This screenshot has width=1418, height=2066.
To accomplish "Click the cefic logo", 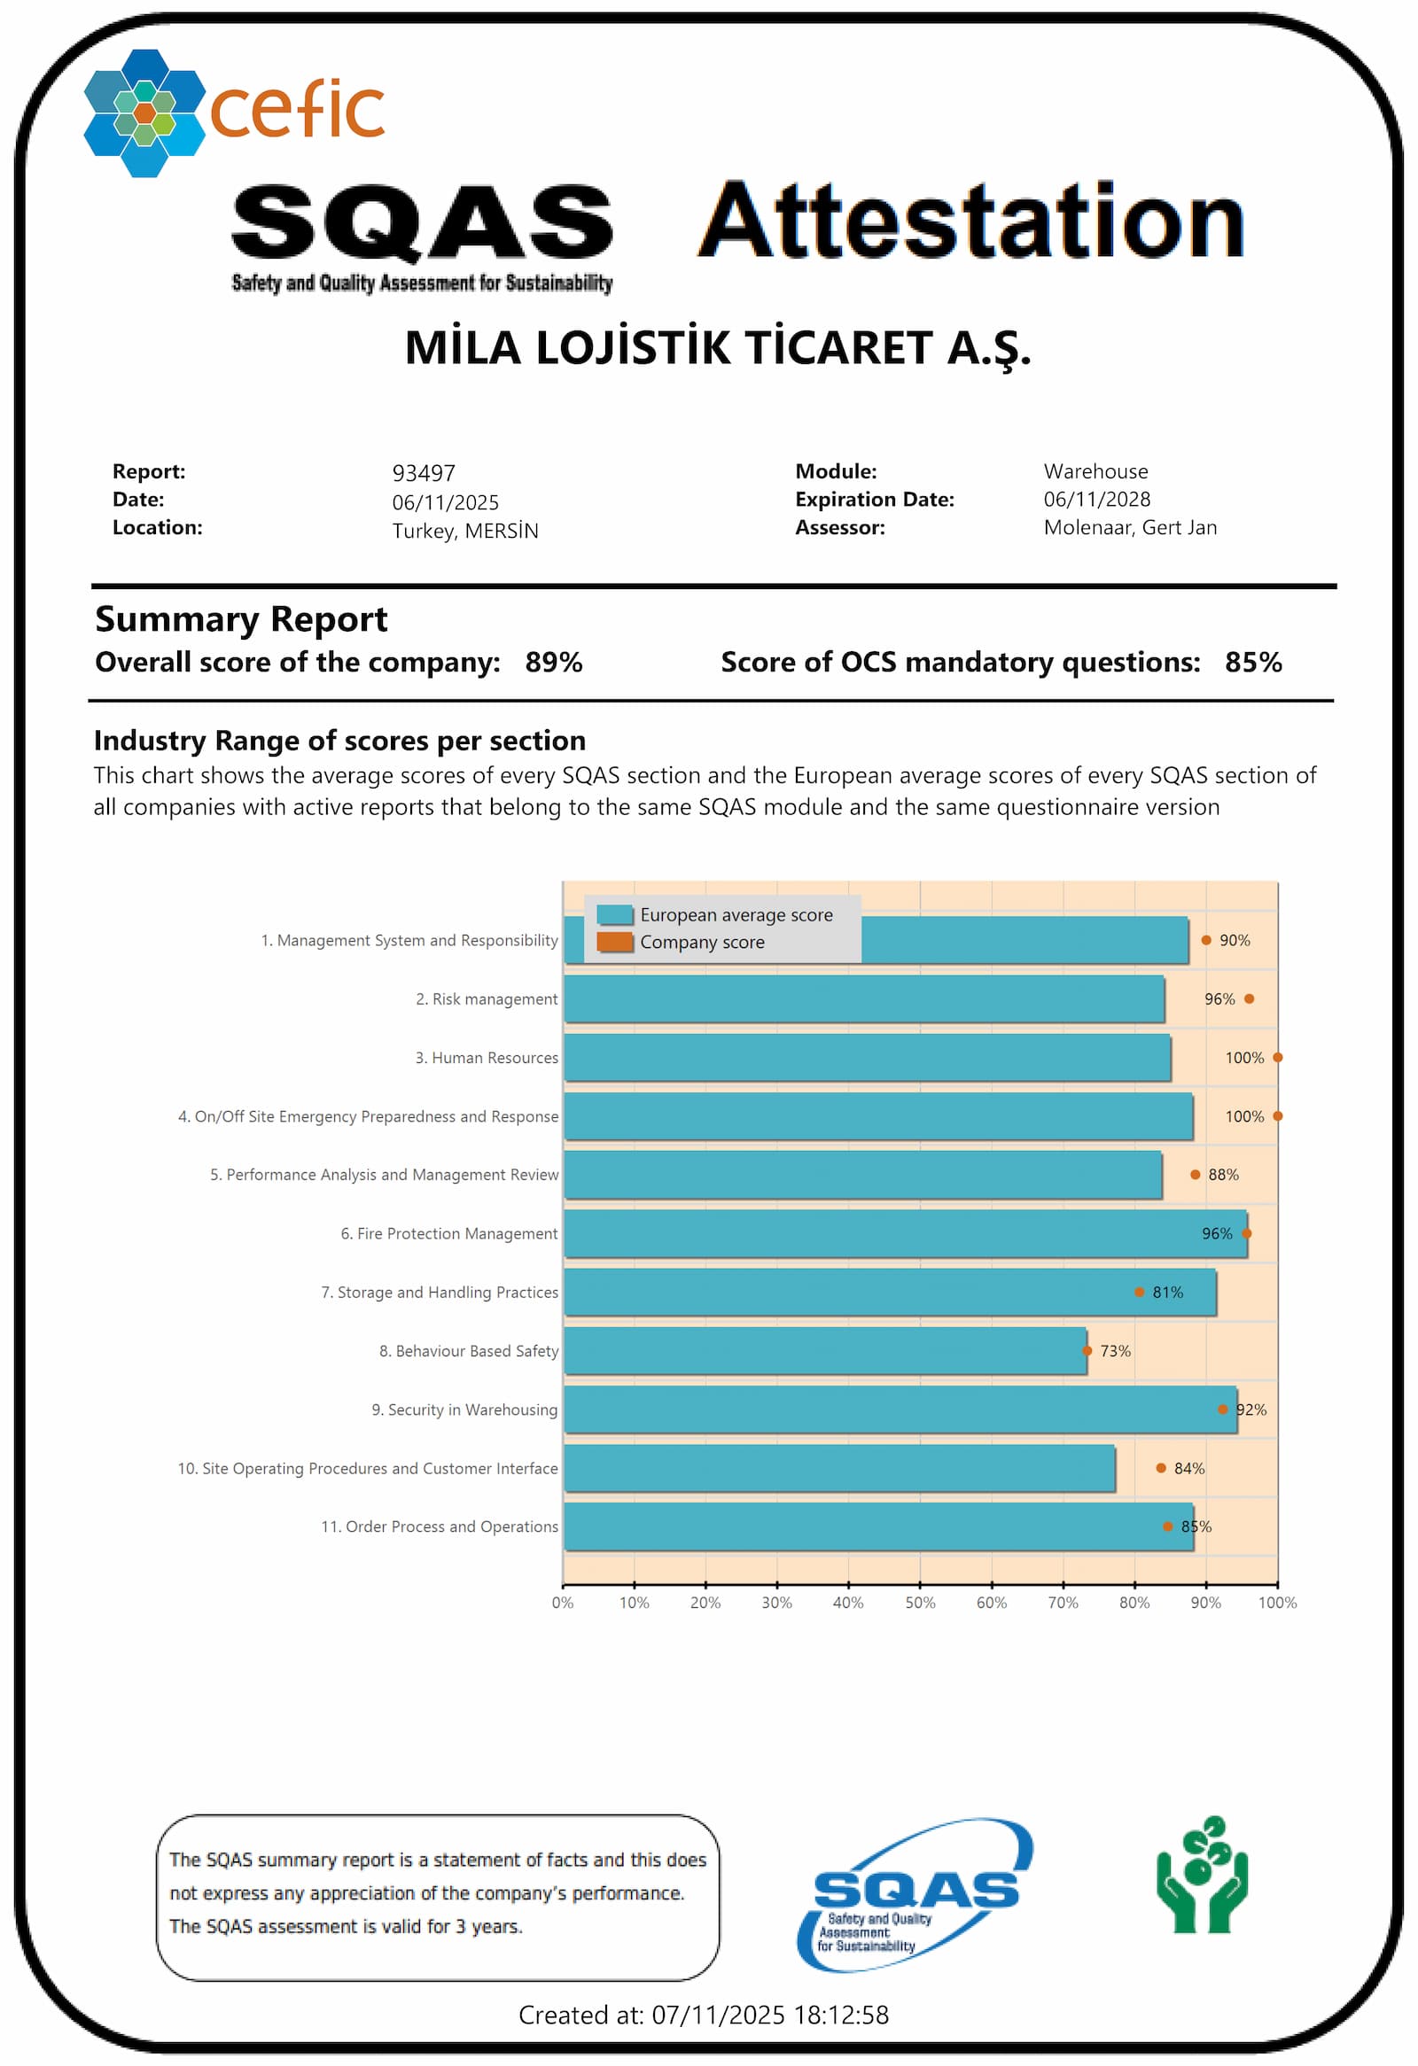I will (x=233, y=112).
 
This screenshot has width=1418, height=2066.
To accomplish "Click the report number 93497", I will (x=423, y=473).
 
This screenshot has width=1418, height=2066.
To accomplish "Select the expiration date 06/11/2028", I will (x=1096, y=500).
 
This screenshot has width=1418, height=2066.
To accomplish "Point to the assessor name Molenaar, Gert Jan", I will (x=1129, y=528).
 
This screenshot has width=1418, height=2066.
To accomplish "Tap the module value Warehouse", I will (x=1095, y=471).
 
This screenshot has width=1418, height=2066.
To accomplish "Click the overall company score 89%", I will (x=553, y=663).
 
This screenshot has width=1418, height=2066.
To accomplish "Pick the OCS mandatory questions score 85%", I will (x=1251, y=663).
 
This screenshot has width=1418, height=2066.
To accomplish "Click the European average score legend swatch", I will (x=614, y=915).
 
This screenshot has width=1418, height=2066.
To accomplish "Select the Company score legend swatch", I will (x=614, y=942).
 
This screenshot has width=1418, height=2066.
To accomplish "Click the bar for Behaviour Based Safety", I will (x=825, y=1350).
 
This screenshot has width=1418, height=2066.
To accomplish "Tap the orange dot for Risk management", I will (x=1249, y=999).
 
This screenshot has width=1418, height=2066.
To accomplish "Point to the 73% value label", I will (x=1115, y=1351).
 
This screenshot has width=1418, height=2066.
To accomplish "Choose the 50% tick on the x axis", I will (x=919, y=1603).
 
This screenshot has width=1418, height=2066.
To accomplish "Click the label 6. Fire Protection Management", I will (x=449, y=1234).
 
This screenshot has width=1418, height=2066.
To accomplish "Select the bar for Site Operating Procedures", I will (x=839, y=1468).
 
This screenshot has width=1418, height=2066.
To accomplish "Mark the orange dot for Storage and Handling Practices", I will (x=1139, y=1292).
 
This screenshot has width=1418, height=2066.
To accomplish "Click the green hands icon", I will (x=1201, y=1875).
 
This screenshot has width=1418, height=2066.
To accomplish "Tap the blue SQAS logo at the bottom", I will (x=915, y=1892).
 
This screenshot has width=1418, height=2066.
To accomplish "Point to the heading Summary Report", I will (x=241, y=619).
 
